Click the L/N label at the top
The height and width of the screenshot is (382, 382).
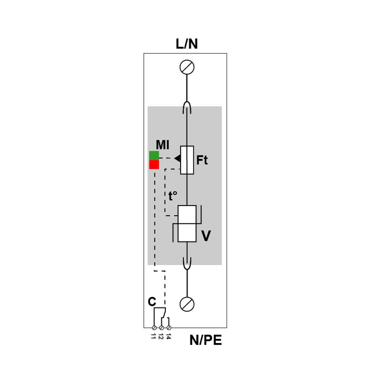click(x=187, y=44)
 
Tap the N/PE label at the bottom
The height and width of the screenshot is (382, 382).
click(x=206, y=340)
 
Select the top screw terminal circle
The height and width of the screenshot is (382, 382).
click(x=187, y=67)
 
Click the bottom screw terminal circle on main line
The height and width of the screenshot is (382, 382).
click(x=187, y=304)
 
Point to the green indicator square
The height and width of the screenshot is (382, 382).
click(x=154, y=155)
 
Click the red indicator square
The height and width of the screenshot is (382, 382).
click(x=154, y=164)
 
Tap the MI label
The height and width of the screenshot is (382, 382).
click(x=162, y=145)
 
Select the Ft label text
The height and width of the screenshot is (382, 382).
click(x=202, y=160)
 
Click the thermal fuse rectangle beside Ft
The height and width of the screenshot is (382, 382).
click(x=187, y=160)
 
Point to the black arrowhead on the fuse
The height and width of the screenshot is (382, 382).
click(x=178, y=159)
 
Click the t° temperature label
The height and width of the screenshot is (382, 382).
click(x=173, y=196)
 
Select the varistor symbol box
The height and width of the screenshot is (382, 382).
click(x=187, y=223)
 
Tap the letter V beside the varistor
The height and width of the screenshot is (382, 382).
click(x=206, y=236)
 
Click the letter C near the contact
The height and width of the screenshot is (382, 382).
click(x=152, y=302)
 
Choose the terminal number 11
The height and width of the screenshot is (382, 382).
click(x=154, y=336)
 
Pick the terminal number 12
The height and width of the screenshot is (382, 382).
click(x=161, y=336)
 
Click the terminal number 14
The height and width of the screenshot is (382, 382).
click(x=168, y=336)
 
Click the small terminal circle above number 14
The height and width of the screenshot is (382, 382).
click(x=169, y=328)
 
